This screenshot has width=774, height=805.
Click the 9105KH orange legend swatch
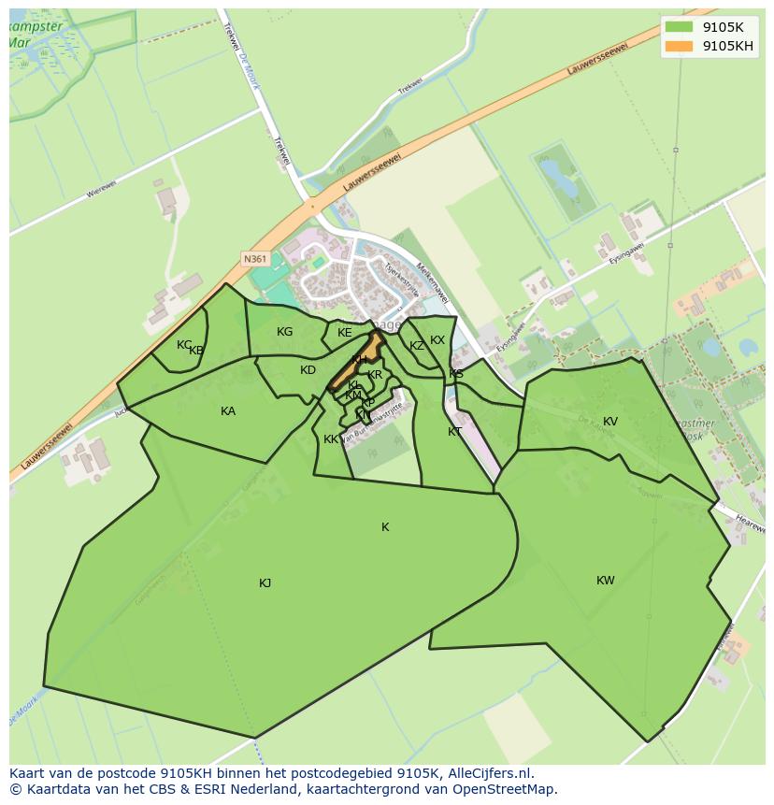(680, 46)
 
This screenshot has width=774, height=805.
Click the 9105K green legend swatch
(680, 26)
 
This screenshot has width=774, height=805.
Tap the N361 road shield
(253, 258)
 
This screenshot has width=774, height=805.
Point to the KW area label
(606, 581)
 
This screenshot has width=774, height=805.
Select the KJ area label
(265, 583)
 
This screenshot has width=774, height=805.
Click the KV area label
(610, 422)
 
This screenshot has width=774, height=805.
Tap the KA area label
(228, 411)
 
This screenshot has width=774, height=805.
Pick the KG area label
(285, 332)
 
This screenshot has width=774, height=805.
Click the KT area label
(454, 432)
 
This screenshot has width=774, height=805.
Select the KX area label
(437, 340)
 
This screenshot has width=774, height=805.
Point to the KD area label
(308, 370)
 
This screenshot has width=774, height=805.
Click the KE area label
(345, 333)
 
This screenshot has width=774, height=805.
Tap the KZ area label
(417, 346)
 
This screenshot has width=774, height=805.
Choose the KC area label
(184, 345)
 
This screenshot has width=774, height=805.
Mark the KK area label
(331, 439)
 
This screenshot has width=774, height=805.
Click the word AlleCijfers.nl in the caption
(489, 773)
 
